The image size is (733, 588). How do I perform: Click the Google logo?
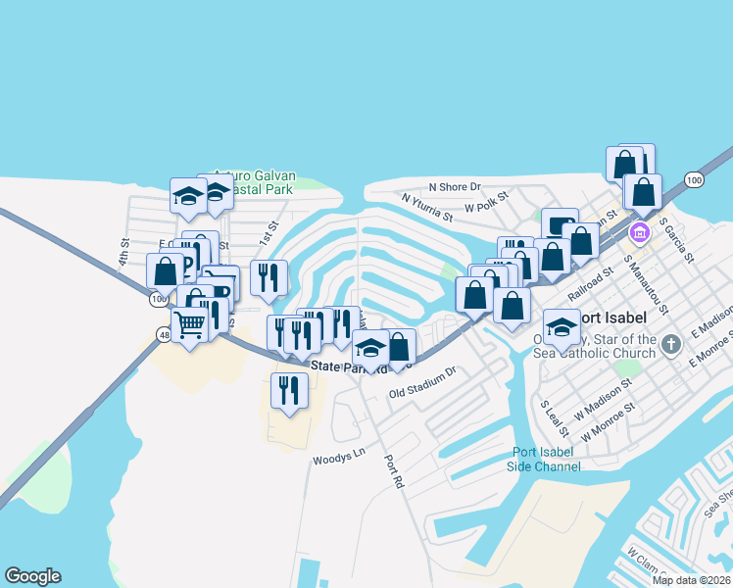33,576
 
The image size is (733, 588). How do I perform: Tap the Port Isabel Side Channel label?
547,459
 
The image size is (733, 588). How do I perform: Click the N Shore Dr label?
455,186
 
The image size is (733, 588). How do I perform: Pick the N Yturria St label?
427,205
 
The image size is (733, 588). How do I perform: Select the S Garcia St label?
675,241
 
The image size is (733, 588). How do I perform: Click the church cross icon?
670,344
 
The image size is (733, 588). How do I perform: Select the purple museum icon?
640,233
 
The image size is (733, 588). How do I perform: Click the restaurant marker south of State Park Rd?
289,390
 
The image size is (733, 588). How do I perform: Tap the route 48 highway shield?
163,335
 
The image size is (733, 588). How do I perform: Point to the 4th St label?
124,249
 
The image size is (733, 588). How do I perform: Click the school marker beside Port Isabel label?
562,325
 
